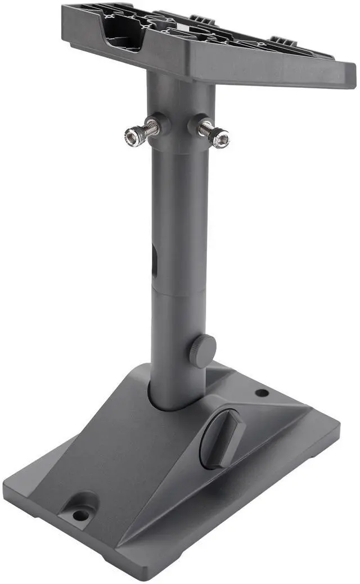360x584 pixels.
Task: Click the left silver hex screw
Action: (x=141, y=133)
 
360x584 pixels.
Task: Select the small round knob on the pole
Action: (x=203, y=350)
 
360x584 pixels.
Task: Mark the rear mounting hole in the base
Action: (x=262, y=392)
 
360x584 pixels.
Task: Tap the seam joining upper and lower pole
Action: (x=179, y=291)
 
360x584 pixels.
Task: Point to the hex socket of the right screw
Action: (x=222, y=138)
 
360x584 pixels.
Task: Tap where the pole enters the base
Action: (x=177, y=402)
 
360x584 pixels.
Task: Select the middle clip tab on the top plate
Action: (x=202, y=20)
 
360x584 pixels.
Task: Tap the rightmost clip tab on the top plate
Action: (x=284, y=41)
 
